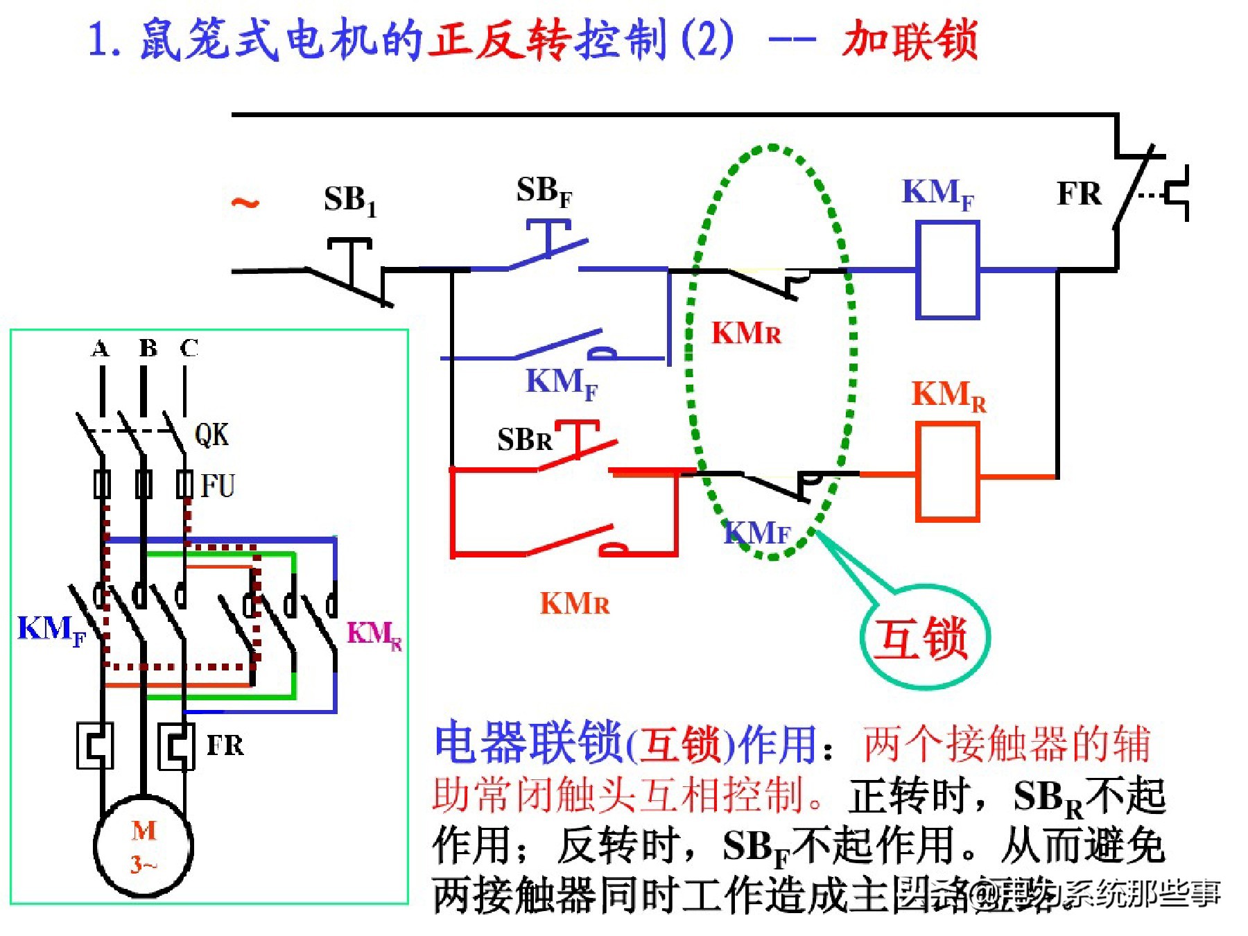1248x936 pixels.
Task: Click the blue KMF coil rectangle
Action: click(x=947, y=270)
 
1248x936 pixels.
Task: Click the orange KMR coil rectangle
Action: click(x=947, y=472)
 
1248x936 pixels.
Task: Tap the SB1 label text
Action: click(x=349, y=200)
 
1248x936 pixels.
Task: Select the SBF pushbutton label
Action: click(x=544, y=191)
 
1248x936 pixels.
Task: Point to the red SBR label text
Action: click(x=524, y=440)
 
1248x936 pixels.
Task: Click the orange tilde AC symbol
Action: click(x=245, y=202)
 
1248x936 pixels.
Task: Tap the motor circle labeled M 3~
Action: click(x=144, y=847)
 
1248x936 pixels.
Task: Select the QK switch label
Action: click(x=211, y=435)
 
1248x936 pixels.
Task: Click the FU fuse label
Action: click(x=218, y=485)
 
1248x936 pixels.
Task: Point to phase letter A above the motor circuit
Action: click(x=101, y=348)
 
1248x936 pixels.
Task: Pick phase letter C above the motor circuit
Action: click(x=189, y=348)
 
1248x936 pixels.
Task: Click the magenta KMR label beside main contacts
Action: click(x=374, y=634)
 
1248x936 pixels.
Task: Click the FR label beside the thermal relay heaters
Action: click(x=225, y=745)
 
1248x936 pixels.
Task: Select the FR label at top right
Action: click(x=1079, y=193)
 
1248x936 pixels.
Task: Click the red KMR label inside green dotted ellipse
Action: click(x=746, y=333)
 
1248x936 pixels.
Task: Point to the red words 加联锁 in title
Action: click(x=910, y=40)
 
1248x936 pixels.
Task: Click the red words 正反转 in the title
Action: click(x=499, y=40)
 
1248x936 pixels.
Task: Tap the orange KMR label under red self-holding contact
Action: click(x=574, y=604)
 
